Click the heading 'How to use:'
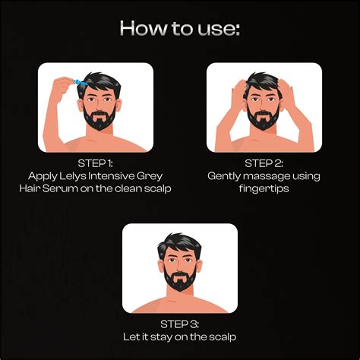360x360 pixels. [x=179, y=29]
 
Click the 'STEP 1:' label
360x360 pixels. [x=95, y=163]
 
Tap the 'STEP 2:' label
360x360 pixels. [x=264, y=163]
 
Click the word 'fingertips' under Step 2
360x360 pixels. [x=264, y=188]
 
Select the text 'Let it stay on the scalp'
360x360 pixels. [x=180, y=334]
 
